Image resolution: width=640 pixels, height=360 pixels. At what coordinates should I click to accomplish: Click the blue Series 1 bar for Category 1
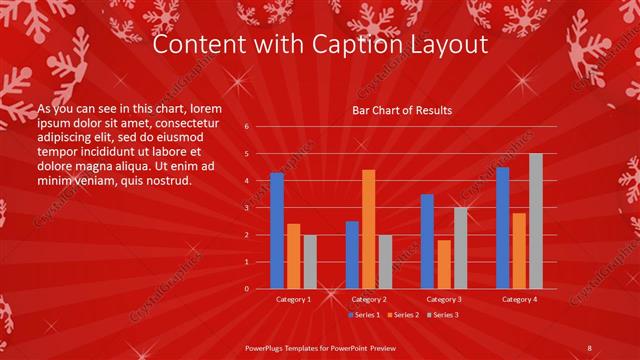pyautogui.click(x=277, y=230)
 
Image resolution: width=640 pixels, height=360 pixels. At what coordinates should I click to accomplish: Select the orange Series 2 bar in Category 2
pyautogui.click(x=369, y=229)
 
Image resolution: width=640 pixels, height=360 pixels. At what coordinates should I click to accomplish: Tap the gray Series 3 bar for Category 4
pyautogui.click(x=536, y=221)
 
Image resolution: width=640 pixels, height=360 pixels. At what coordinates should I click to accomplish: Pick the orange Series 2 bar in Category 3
pyautogui.click(x=444, y=264)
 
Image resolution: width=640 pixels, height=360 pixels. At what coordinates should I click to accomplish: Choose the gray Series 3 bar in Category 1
pyautogui.click(x=310, y=261)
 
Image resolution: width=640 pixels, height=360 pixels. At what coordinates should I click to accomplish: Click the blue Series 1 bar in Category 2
pyautogui.click(x=352, y=254)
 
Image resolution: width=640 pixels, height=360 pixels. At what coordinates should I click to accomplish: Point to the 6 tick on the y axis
pyautogui.click(x=247, y=127)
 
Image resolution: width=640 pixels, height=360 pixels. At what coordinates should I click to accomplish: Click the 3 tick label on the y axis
pyautogui.click(x=247, y=208)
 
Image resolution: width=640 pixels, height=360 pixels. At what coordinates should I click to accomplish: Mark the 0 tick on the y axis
pyautogui.click(x=247, y=288)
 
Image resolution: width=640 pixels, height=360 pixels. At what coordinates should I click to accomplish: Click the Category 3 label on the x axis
pyautogui.click(x=444, y=299)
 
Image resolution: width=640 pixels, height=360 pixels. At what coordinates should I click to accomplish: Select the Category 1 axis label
pyautogui.click(x=294, y=299)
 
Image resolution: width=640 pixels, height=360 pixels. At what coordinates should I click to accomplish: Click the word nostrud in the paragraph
pyautogui.click(x=166, y=181)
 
